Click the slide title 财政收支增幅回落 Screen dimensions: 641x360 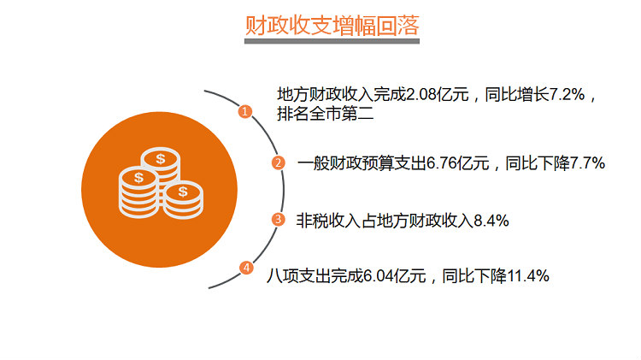point(332,26)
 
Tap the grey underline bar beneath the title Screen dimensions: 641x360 point(332,41)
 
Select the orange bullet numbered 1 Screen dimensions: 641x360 point(245,111)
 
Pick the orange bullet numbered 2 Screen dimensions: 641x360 point(279,162)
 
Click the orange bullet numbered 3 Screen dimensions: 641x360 point(279,219)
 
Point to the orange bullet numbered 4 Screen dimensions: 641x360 point(246,268)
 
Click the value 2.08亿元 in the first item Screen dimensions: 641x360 point(438,95)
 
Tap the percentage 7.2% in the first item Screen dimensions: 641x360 point(567,95)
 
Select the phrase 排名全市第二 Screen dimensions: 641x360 point(326,114)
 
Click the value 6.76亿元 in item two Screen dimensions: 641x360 point(458,163)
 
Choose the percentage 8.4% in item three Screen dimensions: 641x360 point(491,221)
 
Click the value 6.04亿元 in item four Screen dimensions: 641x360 point(395,276)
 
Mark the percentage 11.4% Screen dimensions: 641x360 point(528,276)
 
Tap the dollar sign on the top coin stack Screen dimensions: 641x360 point(161,159)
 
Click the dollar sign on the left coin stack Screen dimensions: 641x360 point(139,178)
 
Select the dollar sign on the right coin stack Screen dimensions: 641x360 point(183,191)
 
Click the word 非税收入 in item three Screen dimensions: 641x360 point(329,221)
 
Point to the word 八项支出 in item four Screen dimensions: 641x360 point(299,276)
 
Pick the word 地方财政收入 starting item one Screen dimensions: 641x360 point(326,95)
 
